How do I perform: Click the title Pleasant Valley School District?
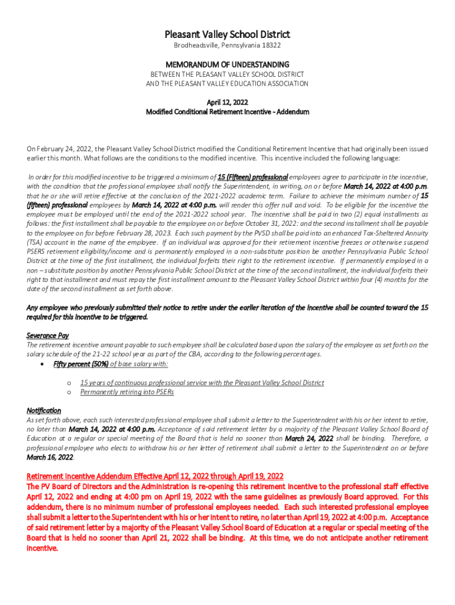pyautogui.click(x=227, y=35)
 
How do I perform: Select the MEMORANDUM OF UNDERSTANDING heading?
pyautogui.click(x=227, y=64)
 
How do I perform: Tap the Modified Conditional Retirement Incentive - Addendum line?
pyautogui.click(x=227, y=112)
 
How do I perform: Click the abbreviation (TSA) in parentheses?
pyautogui.click(x=35, y=242)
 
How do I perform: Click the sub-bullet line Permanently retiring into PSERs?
pyautogui.click(x=127, y=392)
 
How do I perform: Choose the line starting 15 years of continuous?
pyautogui.click(x=201, y=383)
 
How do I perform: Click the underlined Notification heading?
pyautogui.click(x=44, y=410)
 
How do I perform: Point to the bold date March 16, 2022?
pyautogui.click(x=50, y=457)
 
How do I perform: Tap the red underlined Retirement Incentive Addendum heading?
pyautogui.click(x=155, y=476)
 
